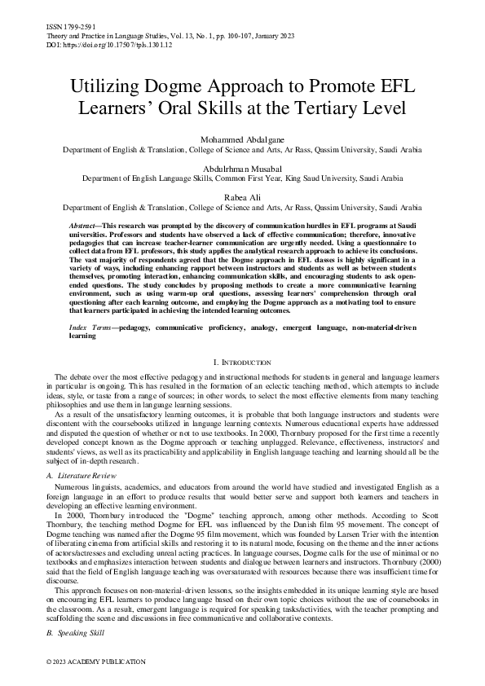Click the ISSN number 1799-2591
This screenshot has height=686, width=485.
(64, 27)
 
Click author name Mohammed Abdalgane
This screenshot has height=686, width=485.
(242, 140)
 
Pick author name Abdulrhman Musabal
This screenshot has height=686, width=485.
(242, 168)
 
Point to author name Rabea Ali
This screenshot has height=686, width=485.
(242, 196)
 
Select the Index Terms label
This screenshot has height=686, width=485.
(90, 326)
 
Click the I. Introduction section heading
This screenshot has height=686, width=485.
(242, 361)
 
